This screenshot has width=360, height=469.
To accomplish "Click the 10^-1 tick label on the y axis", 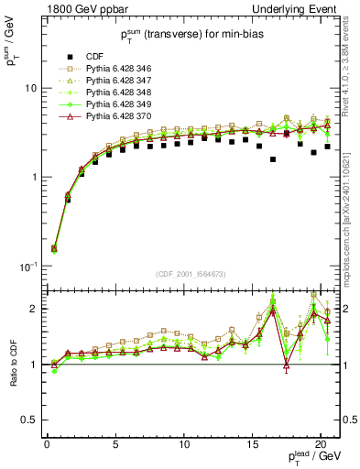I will coord(27,266).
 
